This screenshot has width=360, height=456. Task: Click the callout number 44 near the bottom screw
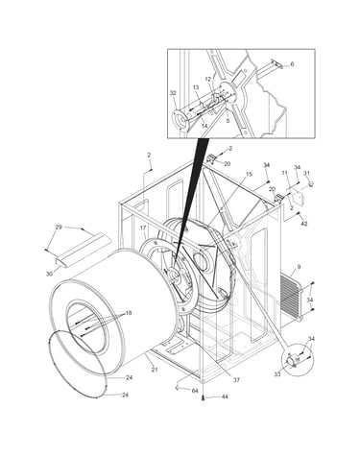pyautogui.click(x=225, y=396)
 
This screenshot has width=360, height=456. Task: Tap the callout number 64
pyautogui.click(x=195, y=391)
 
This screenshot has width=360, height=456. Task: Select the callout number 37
pyautogui.click(x=236, y=380)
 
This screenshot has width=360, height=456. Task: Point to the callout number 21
pyautogui.click(x=155, y=370)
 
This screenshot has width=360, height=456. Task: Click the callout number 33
pyautogui.click(x=277, y=373)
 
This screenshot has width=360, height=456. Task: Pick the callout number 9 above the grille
pyautogui.click(x=299, y=266)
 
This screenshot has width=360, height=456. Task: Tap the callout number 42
pyautogui.click(x=303, y=224)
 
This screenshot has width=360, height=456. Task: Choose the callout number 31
pyautogui.click(x=306, y=173)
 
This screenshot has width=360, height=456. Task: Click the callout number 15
pyautogui.click(x=249, y=174)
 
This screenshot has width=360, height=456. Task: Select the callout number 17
pyautogui.click(x=143, y=228)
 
